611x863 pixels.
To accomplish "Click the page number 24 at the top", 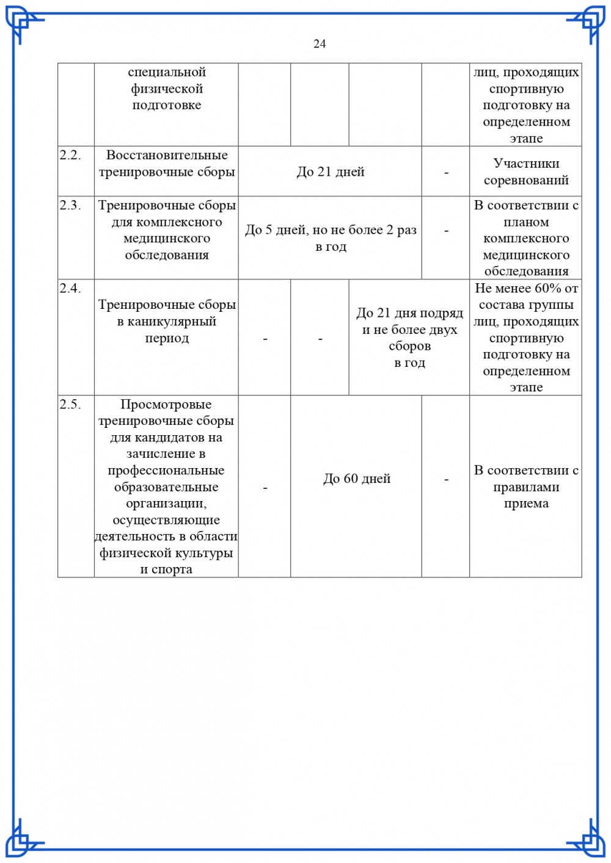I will (320, 43).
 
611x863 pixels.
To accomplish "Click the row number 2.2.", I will (70, 155).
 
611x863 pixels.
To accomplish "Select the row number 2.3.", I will (70, 205).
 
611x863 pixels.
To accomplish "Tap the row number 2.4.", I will (70, 288).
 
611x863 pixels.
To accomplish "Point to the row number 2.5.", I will (70, 404).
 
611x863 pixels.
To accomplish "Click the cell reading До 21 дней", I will (330, 172).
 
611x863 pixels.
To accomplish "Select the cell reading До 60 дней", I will (357, 478).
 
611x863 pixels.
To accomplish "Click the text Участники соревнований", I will (526, 172).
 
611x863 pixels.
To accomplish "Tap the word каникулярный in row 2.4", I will (167, 322).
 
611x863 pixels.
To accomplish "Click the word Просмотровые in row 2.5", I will (166, 404).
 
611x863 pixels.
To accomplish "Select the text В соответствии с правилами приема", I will (526, 487).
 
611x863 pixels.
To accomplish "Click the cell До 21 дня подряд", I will (409, 313).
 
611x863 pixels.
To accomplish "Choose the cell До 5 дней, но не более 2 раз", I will (331, 230).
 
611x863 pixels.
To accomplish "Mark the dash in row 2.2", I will (446, 173).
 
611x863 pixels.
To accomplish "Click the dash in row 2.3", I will (446, 231).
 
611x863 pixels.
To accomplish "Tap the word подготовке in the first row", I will (167, 105).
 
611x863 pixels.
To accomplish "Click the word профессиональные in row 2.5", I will (166, 471).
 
